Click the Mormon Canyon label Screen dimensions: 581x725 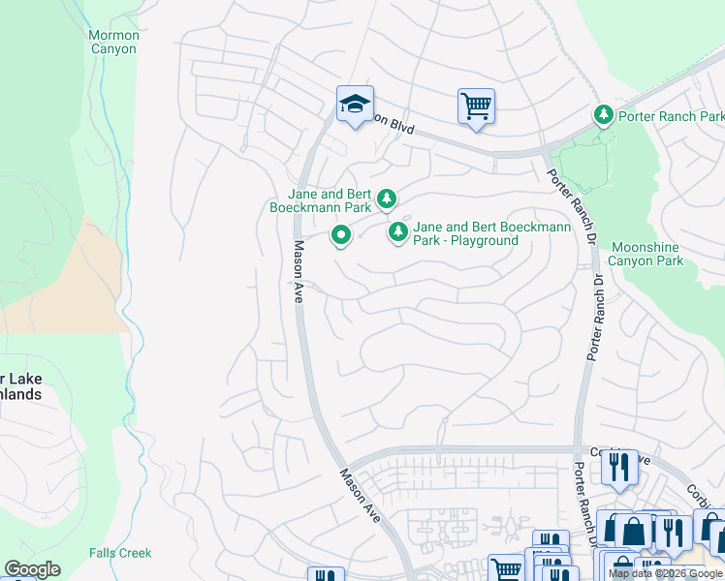pyautogui.click(x=113, y=43)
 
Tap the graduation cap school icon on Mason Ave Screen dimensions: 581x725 pyautogui.click(x=355, y=104)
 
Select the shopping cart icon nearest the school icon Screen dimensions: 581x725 pyautogui.click(x=476, y=107)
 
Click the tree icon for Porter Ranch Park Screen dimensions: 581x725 pyautogui.click(x=604, y=116)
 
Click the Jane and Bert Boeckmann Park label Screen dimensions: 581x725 pyautogui.click(x=330, y=200)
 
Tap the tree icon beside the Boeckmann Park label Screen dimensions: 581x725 pyautogui.click(x=387, y=199)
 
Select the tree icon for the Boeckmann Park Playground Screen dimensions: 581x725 pyautogui.click(x=397, y=231)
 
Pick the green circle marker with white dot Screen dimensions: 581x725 pyautogui.click(x=341, y=234)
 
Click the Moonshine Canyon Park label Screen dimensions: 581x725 pyautogui.click(x=646, y=254)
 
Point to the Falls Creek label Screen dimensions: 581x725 pyautogui.click(x=119, y=553)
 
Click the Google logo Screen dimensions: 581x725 pyautogui.click(x=32, y=569)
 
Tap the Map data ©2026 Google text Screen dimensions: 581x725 pyautogui.click(x=665, y=573)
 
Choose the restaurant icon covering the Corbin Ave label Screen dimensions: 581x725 pyautogui.click(x=618, y=468)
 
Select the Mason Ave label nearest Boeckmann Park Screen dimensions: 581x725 pyautogui.click(x=299, y=272)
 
